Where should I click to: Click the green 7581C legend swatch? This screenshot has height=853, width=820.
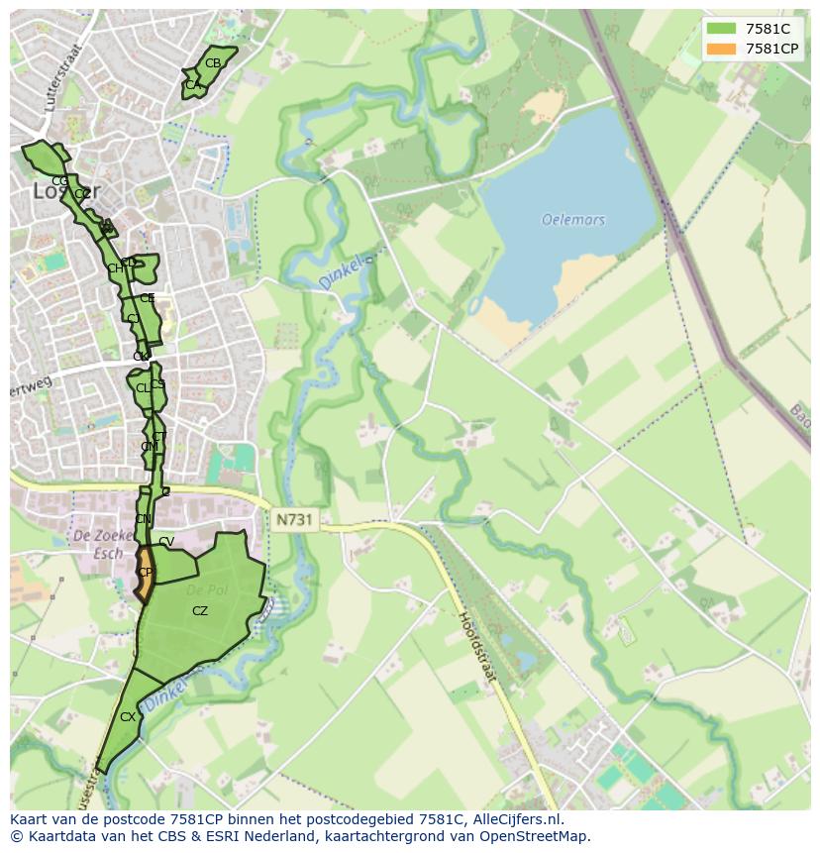[721, 29]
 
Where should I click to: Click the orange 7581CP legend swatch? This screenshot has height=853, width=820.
[721, 49]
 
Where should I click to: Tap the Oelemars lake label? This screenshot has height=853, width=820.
[573, 220]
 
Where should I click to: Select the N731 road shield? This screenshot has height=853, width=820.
[293, 519]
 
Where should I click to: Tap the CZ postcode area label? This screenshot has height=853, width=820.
[200, 611]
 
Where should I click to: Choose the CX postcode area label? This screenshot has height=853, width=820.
[128, 716]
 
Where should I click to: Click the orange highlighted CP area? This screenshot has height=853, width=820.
[145, 575]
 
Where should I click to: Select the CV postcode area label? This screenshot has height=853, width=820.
[166, 542]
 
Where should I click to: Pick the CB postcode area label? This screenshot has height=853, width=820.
[213, 63]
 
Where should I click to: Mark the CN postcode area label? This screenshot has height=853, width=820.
[144, 519]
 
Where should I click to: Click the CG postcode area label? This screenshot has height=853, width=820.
[59, 181]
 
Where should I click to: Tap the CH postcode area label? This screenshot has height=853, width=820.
[116, 268]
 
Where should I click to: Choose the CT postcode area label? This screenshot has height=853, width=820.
[159, 437]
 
